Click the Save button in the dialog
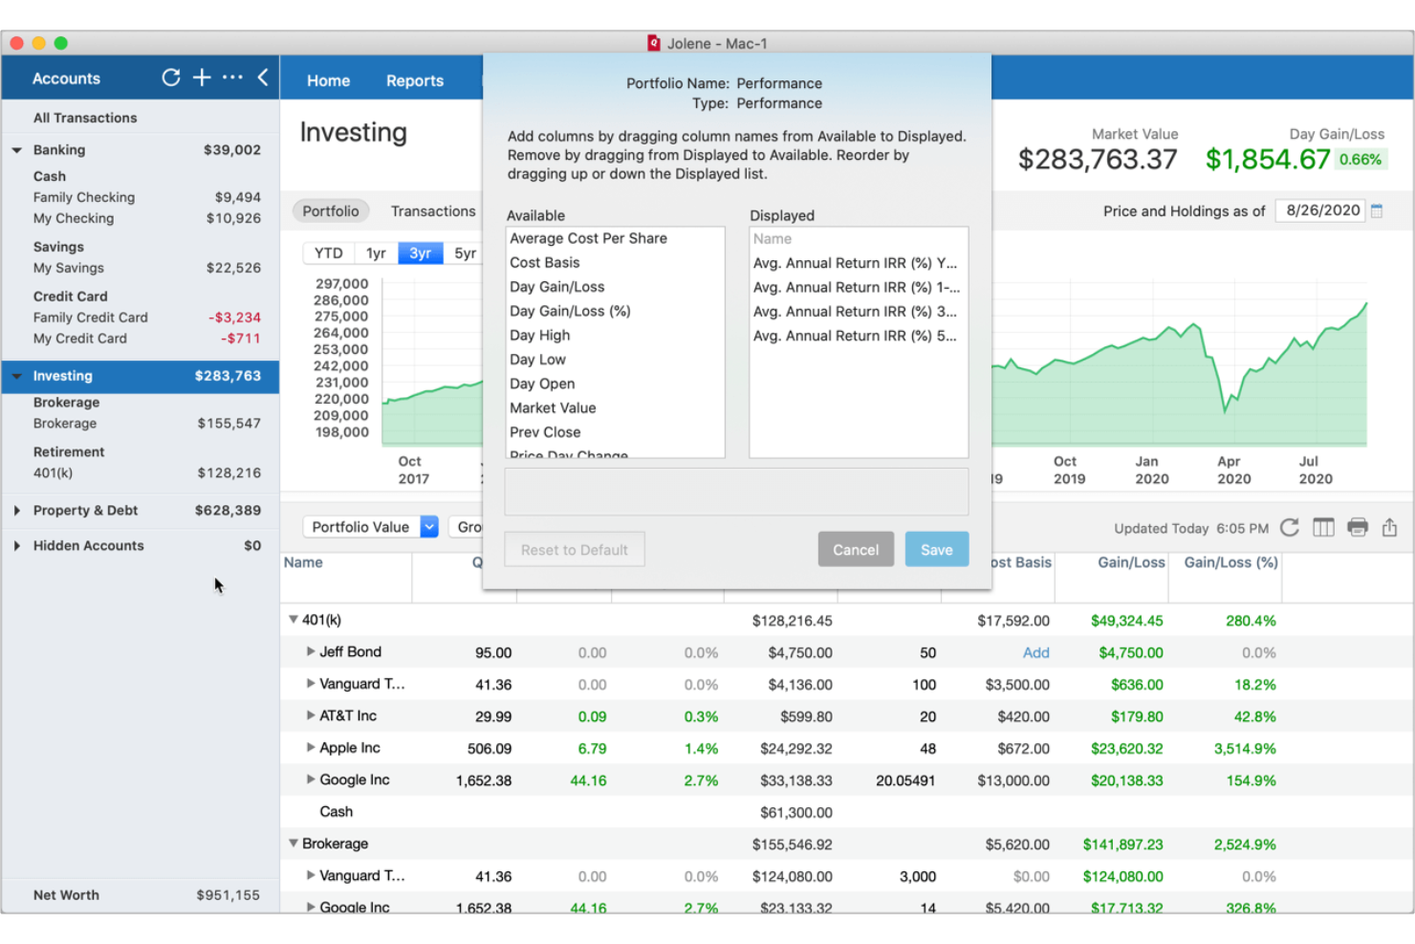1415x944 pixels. click(x=936, y=550)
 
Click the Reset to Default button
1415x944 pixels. click(x=574, y=550)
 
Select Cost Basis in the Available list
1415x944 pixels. click(x=544, y=263)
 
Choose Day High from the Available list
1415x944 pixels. click(x=539, y=336)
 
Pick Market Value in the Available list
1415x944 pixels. click(x=553, y=408)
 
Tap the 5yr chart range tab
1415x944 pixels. click(x=465, y=253)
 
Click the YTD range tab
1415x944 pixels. click(x=328, y=253)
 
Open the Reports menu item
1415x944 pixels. click(x=414, y=81)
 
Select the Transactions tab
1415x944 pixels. click(x=432, y=211)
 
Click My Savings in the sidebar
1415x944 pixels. click(x=69, y=269)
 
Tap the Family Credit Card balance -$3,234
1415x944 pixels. click(x=234, y=318)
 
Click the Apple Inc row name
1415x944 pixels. click(x=349, y=748)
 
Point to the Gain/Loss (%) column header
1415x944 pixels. click(x=1230, y=563)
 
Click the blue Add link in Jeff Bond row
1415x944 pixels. click(x=1035, y=653)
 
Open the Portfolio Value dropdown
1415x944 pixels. click(x=370, y=527)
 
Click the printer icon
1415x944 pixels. click(x=1357, y=527)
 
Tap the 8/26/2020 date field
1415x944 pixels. click(x=1322, y=211)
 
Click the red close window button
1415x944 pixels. click(x=16, y=43)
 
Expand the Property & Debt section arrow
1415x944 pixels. click(x=17, y=511)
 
